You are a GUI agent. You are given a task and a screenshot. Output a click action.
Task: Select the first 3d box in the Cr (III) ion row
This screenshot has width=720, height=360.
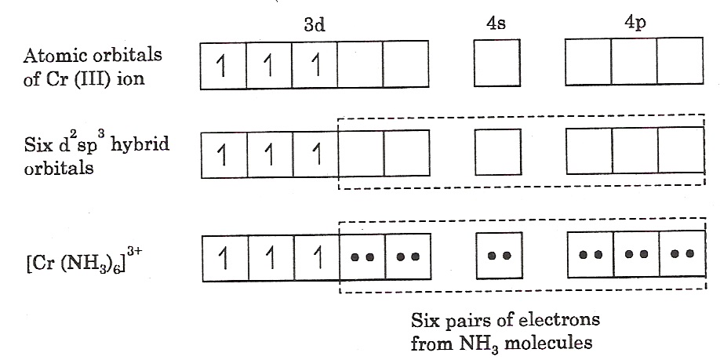click(224, 64)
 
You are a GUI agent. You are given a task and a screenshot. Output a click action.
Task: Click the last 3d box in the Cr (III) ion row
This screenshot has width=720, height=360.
click(406, 64)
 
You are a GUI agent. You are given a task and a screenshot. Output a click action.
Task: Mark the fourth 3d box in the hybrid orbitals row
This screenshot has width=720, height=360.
click(361, 152)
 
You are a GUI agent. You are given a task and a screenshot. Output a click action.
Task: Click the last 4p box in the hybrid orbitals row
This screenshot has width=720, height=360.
click(680, 151)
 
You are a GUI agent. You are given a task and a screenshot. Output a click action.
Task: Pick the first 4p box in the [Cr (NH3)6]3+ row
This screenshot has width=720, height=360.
click(590, 254)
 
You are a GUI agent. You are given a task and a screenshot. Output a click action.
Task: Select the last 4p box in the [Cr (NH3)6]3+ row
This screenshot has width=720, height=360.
click(680, 254)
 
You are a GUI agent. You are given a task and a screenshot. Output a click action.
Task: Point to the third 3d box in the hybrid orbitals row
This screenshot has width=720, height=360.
click(315, 152)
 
